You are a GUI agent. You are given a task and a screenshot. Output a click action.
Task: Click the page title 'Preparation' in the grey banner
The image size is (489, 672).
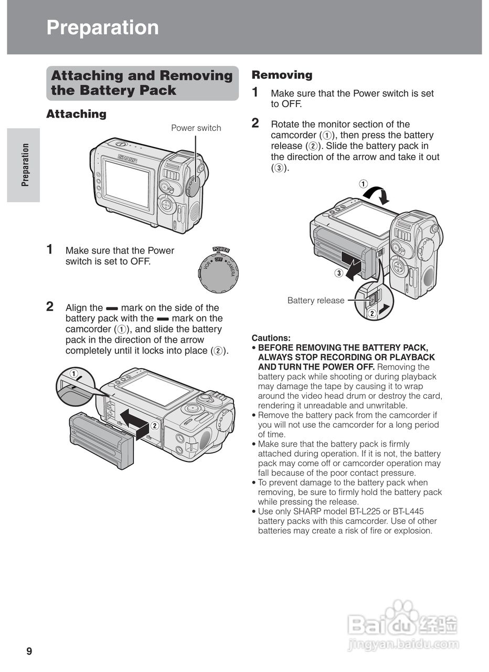102,27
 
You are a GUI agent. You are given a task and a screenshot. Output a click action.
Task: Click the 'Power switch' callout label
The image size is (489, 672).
196,128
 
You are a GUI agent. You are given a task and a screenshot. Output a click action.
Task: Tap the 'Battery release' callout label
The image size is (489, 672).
315,300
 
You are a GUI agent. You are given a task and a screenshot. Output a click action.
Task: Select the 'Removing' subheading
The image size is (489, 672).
282,75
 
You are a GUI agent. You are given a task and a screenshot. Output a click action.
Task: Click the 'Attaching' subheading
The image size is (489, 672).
76,114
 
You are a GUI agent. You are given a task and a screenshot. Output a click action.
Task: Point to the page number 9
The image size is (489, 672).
29,652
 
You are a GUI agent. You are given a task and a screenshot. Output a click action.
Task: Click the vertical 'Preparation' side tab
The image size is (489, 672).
24,165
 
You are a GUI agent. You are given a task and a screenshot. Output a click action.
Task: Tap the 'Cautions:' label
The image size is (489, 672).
271,338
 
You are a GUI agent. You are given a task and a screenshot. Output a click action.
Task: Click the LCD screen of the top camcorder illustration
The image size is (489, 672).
127,184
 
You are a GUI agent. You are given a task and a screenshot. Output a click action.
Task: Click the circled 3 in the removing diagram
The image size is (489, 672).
339,273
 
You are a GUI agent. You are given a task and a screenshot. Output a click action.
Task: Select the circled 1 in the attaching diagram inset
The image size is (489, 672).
74,374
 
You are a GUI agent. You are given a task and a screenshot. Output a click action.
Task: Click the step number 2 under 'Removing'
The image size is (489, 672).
256,123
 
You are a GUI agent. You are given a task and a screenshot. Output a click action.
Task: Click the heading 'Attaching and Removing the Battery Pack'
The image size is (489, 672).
142,83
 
